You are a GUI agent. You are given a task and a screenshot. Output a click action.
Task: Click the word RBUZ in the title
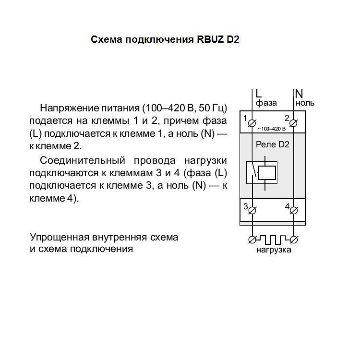[x=210, y=39]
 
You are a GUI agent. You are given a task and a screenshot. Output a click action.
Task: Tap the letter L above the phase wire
[x=259, y=94]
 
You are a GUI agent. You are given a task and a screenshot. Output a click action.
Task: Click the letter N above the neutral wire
[x=299, y=94]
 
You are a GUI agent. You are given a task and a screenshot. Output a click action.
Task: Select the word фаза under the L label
[x=266, y=103]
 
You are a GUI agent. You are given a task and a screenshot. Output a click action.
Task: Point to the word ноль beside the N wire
[x=305, y=103]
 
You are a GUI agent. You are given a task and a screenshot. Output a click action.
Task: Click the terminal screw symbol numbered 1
[x=252, y=123]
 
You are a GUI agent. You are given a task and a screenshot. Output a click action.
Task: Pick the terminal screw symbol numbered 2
[x=293, y=123]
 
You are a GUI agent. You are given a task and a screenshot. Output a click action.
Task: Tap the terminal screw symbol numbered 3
[x=252, y=210]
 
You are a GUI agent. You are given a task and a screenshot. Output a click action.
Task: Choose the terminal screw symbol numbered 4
[x=294, y=210]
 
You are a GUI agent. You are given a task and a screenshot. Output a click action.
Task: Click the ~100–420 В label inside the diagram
[x=272, y=129]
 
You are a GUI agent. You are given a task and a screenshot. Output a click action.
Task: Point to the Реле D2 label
[x=273, y=144]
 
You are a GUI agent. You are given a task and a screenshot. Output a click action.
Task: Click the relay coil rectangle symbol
[x=267, y=173]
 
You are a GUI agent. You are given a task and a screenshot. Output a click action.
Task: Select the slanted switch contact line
[x=253, y=169]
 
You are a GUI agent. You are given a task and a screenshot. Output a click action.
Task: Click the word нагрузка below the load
[x=274, y=250]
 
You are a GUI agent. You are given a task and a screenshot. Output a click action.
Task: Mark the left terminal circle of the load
[x=252, y=240]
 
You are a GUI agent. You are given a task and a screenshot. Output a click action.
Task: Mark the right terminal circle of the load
[x=294, y=240]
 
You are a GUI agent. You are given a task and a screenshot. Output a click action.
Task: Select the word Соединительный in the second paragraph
[x=83, y=160]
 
